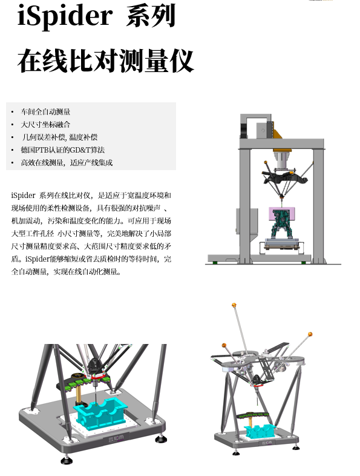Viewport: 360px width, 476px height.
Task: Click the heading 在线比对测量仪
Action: [105, 61]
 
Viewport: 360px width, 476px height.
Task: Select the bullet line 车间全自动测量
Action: [46, 111]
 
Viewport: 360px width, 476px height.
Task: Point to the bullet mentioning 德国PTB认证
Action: [63, 150]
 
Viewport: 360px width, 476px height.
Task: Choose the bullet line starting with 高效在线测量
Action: [67, 162]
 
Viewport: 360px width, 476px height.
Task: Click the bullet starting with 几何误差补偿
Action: [60, 137]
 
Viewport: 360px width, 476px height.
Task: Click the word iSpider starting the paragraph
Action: [24, 195]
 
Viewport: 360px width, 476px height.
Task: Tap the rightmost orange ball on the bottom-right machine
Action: [310, 334]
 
